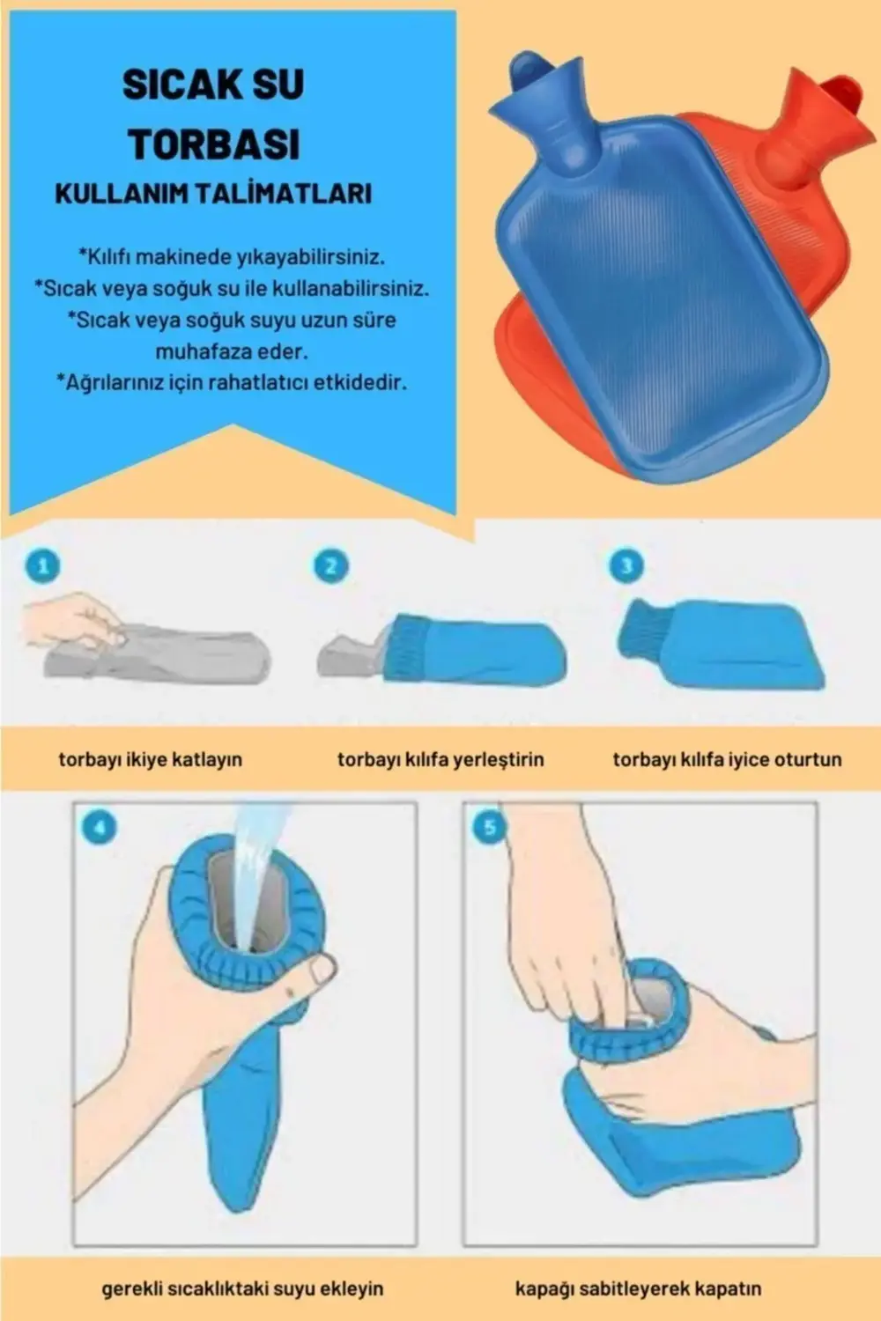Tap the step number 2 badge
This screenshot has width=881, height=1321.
[330, 565]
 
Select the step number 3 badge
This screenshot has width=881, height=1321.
[626, 565]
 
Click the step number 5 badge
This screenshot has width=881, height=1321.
[490, 828]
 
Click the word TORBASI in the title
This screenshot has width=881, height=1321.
[214, 144]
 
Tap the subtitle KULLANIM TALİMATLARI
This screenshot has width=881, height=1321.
[213, 194]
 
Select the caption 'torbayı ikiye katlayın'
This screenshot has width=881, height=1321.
[150, 759]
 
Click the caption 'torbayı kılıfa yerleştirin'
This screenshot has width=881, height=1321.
[440, 759]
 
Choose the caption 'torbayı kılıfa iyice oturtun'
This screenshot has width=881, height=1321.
[727, 759]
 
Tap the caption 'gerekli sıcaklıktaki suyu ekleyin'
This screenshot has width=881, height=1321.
[242, 1288]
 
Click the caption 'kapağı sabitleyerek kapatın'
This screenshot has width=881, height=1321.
[638, 1288]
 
